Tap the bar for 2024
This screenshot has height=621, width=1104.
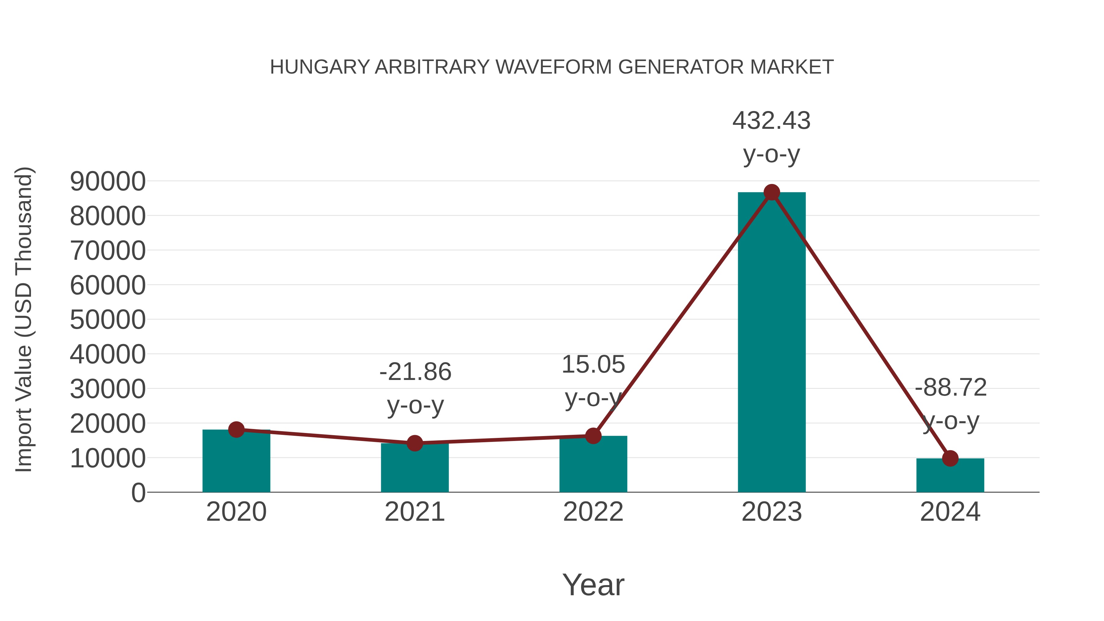950,477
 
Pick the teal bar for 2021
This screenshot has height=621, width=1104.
414,469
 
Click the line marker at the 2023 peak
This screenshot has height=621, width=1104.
772,192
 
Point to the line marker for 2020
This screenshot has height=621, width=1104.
236,429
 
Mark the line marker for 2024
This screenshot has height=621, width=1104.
950,458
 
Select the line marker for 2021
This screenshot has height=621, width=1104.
414,443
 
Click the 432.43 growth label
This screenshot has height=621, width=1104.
772,121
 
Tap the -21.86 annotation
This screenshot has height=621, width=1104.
415,372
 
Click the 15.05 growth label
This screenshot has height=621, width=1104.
593,365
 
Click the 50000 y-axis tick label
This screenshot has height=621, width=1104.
108,320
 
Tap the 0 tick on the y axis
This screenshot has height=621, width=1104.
138,493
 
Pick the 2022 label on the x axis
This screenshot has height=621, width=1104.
593,512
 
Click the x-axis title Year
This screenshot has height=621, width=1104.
593,585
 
